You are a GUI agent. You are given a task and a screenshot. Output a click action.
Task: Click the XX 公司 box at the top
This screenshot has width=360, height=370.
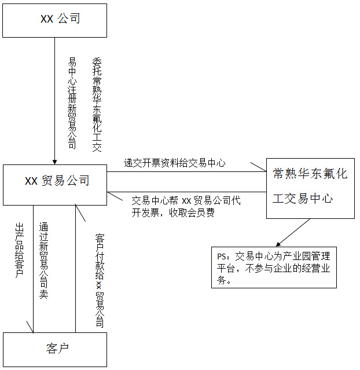55,20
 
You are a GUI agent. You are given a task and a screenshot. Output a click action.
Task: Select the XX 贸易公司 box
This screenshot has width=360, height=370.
55,184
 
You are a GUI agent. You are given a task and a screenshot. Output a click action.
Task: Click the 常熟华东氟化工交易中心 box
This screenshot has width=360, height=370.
310,188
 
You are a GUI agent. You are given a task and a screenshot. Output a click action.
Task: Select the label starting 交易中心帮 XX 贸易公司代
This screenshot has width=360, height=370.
186,201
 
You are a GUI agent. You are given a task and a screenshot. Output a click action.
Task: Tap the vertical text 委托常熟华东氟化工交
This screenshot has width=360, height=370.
97,104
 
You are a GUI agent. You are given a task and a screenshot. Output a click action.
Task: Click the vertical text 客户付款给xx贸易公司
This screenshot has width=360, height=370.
100,280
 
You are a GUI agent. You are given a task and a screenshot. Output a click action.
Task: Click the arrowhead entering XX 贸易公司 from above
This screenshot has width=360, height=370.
55,161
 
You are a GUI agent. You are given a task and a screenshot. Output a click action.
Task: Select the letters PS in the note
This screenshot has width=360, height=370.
222,256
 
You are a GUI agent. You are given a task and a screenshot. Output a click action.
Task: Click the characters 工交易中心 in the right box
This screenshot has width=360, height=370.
303,198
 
